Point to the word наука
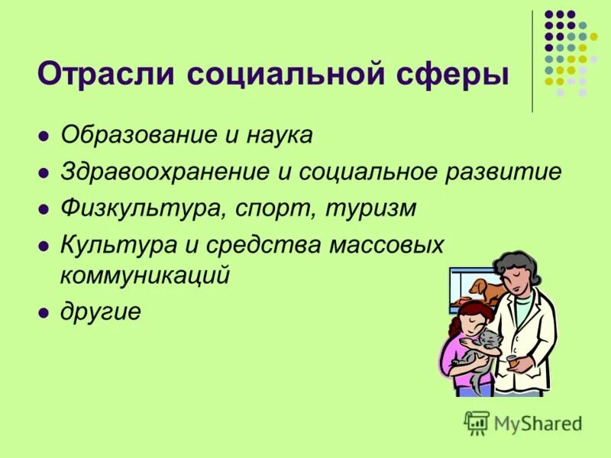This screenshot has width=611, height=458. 278,135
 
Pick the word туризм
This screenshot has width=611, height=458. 366,208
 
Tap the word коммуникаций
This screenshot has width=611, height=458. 145,276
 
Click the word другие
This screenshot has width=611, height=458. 100,313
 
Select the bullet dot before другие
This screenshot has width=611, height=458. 44,313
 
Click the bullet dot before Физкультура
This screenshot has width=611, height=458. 44,209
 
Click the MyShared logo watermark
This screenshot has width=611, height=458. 523,421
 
